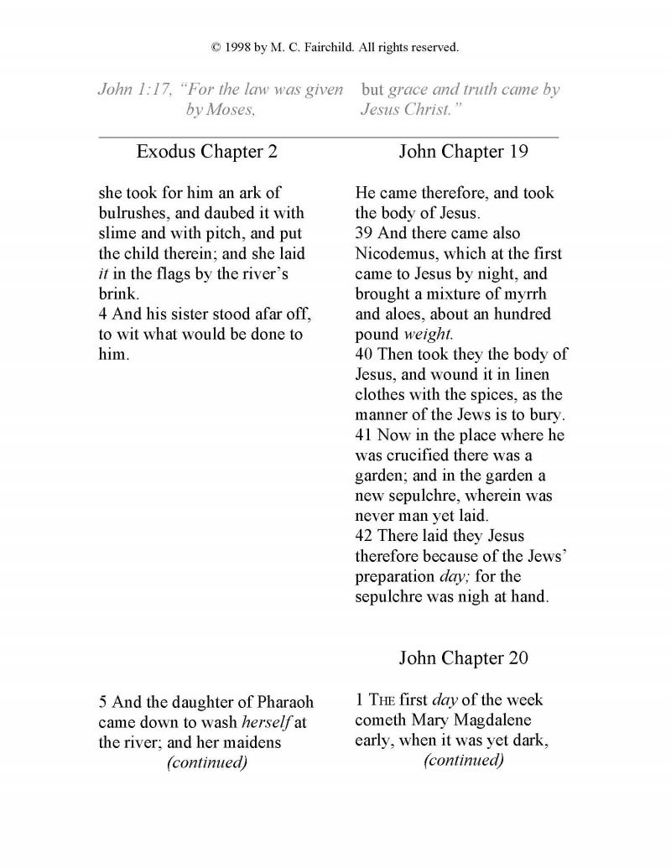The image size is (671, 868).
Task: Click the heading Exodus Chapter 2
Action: click(x=206, y=152)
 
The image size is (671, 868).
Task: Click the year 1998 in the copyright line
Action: click(x=241, y=48)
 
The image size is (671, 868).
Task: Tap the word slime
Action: click(x=118, y=233)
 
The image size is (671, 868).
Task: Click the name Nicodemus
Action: click(x=398, y=253)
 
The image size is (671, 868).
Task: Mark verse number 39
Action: click(x=365, y=233)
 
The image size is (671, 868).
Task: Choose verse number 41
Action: click(x=365, y=435)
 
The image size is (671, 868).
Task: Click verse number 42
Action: click(x=365, y=536)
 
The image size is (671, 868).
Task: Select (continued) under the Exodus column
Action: click(x=207, y=762)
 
